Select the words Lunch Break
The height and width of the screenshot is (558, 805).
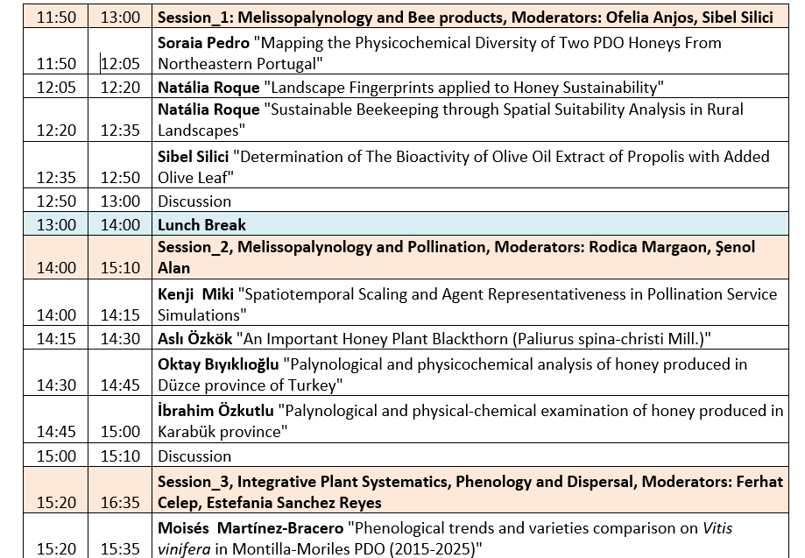pyautogui.click(x=201, y=224)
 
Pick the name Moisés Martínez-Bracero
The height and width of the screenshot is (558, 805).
pyautogui.click(x=250, y=528)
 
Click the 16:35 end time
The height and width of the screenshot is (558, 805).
pyautogui.click(x=120, y=503)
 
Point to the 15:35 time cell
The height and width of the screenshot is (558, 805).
pyautogui.click(x=120, y=549)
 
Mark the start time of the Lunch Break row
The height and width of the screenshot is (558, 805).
pyautogui.click(x=56, y=224)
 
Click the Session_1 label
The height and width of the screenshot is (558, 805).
pyautogui.click(x=196, y=17)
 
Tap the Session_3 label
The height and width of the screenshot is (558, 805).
pyautogui.click(x=194, y=481)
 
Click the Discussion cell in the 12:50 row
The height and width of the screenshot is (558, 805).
pyautogui.click(x=194, y=201)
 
